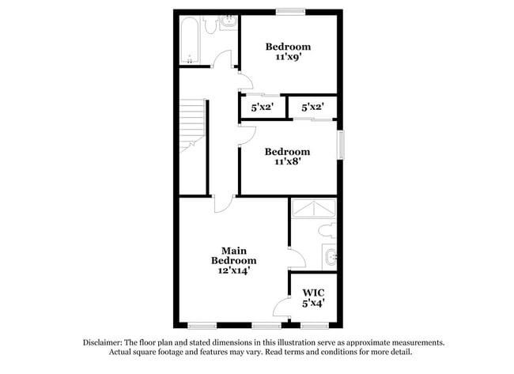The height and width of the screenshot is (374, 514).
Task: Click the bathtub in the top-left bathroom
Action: point(190,40)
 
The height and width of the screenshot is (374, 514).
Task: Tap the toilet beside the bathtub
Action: point(211,25)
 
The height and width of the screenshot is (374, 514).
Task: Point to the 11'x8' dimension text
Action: point(288,163)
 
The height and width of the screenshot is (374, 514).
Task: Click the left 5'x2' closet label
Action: point(263,107)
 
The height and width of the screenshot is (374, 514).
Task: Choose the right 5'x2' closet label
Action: point(313,107)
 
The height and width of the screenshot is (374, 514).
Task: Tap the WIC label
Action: point(314,292)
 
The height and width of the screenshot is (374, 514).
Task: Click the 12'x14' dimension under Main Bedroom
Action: point(233,271)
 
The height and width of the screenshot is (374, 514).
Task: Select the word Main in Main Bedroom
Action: point(234,251)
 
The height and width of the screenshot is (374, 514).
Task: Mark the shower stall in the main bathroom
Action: point(314,208)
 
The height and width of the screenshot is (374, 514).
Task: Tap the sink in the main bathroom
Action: point(330,256)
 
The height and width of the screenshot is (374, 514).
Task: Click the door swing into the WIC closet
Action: point(282,308)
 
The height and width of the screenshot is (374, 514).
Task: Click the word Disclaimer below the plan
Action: point(104,342)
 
